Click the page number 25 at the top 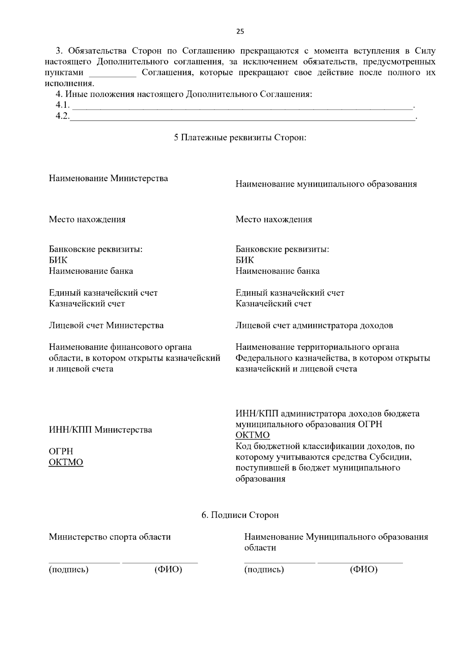pos(240,32)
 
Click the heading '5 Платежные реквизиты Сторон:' pos(240,138)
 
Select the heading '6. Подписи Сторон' pos(240,515)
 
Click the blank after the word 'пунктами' pos(113,74)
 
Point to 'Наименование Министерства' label pos(108,178)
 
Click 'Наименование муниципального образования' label pos(326,184)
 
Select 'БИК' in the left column pos(58,260)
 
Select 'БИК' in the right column pos(245,260)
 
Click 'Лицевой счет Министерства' pos(106,325)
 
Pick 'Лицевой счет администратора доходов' pos(314,325)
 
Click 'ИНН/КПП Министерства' pos(100,430)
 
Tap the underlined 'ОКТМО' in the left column pos(66,462)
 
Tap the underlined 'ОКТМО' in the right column pos(252,435)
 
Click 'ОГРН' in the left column pos(61,451)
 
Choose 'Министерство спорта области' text pos(110,537)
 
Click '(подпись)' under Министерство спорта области pos(68,570)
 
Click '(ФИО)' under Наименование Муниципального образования pos(364,570)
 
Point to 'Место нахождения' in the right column pos(274,219)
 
